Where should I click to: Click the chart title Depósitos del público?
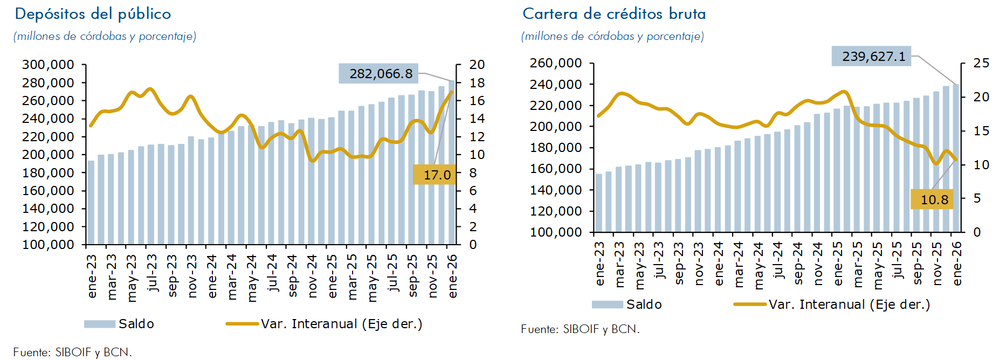(x=93, y=14)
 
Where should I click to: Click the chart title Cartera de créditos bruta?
(x=614, y=14)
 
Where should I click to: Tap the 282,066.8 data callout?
(x=380, y=74)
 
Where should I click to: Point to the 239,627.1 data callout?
(x=873, y=57)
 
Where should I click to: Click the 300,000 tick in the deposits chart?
(x=48, y=65)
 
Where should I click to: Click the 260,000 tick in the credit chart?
(x=556, y=64)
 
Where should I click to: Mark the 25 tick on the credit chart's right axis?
(x=981, y=64)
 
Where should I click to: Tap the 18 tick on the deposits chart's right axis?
(x=477, y=83)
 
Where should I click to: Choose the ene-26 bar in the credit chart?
(x=956, y=158)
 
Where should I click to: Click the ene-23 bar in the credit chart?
(x=599, y=203)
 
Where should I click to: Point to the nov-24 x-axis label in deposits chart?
(x=312, y=276)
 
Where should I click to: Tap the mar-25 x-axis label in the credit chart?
(x=858, y=264)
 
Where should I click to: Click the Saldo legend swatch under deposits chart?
(x=100, y=324)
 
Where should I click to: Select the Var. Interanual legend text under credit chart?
(x=849, y=305)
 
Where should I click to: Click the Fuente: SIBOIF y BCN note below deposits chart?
(x=73, y=352)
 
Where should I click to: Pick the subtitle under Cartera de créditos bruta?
(x=612, y=37)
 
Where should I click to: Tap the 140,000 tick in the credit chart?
(x=556, y=190)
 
